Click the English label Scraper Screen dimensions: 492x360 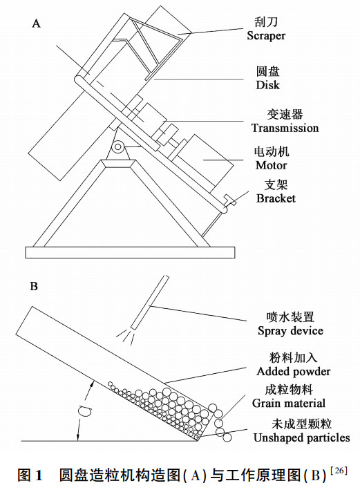[x=265, y=35]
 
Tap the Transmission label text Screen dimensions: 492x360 [x=285, y=128]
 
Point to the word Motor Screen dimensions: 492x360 [x=271, y=166]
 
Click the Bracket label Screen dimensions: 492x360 [x=276, y=198]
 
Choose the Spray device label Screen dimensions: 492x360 [x=289, y=330]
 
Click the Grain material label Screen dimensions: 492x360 [x=288, y=403]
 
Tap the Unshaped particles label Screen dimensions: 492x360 [x=301, y=437]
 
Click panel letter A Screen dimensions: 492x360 [x=36, y=23]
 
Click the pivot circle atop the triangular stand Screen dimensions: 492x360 [x=118, y=146]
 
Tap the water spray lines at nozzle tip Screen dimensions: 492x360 [x=125, y=335]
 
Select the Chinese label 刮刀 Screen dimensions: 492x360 [x=266, y=21]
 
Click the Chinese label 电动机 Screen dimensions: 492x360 [x=271, y=151]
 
